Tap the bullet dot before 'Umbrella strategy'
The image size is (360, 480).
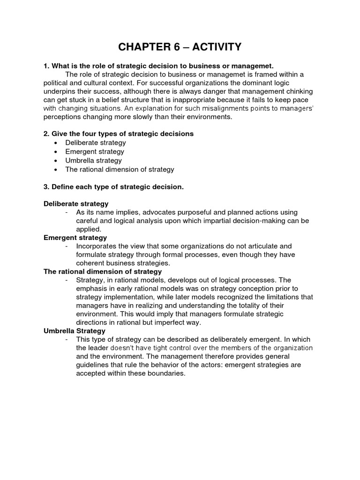[56, 161]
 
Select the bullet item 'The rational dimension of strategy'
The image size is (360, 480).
[120, 169]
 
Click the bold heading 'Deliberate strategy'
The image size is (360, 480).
[76, 203]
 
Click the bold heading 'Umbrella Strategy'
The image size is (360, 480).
[74, 331]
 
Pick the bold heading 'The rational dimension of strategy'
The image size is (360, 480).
[103, 271]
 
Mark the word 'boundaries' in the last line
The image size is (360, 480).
[168, 374]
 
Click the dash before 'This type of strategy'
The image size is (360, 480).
[67, 339]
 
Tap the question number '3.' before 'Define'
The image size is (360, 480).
[46, 187]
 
